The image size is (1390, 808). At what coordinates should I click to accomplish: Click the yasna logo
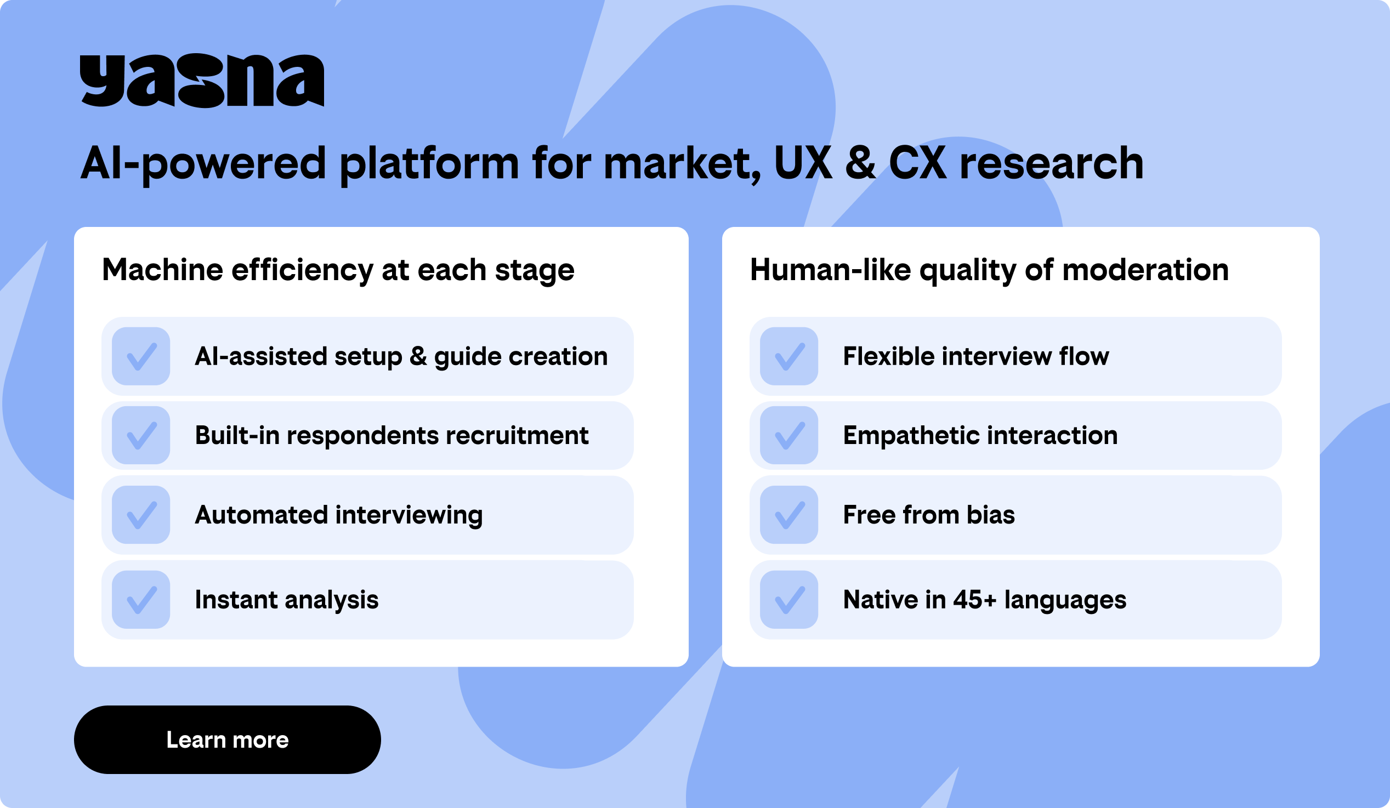click(202, 81)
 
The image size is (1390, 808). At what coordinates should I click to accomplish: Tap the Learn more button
click(227, 739)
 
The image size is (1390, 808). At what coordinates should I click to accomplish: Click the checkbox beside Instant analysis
click(141, 600)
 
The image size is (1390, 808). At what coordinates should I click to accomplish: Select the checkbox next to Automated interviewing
click(141, 515)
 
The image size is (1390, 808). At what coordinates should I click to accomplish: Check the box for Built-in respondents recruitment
click(141, 435)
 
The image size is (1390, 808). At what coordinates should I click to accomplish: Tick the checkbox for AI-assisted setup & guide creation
click(141, 356)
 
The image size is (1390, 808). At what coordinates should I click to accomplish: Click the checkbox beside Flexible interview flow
click(789, 356)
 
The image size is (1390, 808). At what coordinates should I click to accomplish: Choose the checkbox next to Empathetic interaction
click(789, 435)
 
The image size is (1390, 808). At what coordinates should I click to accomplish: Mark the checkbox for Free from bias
click(789, 515)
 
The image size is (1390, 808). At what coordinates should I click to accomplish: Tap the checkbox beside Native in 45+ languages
click(789, 600)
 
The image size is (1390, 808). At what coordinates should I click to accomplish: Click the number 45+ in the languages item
click(975, 600)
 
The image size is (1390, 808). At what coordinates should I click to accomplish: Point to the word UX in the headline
click(803, 163)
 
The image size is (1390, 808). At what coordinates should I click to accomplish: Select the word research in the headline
click(1052, 164)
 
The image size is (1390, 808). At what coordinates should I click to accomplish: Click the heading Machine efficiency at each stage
click(338, 270)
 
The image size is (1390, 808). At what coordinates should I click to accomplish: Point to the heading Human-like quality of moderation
click(990, 270)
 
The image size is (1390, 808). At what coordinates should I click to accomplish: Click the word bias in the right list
click(991, 515)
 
